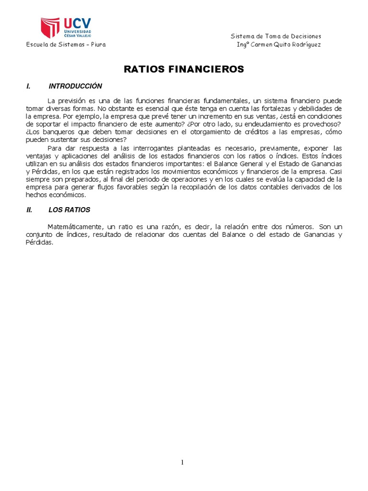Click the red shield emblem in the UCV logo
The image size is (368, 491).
(50, 28)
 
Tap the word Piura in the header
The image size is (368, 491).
(97, 45)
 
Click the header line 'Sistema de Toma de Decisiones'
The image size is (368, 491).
(276, 36)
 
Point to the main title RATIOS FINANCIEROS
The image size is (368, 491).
(184, 70)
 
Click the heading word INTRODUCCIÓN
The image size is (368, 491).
(75, 86)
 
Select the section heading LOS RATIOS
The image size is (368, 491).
(69, 210)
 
